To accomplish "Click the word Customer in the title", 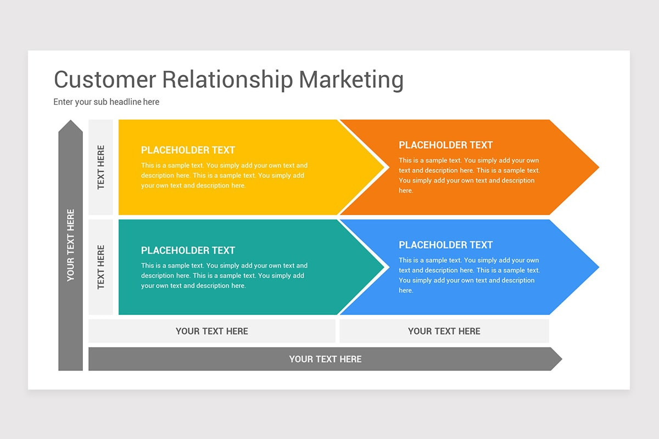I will [x=104, y=80].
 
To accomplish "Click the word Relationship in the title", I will [x=227, y=80].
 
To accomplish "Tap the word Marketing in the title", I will [x=351, y=80].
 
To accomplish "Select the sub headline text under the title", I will [x=106, y=102].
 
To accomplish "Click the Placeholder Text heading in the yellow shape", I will [x=188, y=150].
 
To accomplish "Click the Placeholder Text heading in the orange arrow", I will [x=445, y=145].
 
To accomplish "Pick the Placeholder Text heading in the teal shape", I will [x=188, y=250].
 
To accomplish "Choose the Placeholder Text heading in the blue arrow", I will [x=445, y=245].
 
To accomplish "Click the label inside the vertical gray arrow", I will [x=70, y=245].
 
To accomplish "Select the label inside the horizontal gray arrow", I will [x=325, y=359].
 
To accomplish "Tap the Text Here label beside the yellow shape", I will [x=100, y=167].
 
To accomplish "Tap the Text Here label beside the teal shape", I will [x=100, y=267].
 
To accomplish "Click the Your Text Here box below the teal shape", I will [x=211, y=331].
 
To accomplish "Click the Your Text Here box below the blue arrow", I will [x=444, y=331].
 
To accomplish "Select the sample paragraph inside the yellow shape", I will [x=224, y=175].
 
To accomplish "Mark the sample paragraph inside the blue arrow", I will [x=469, y=275].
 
